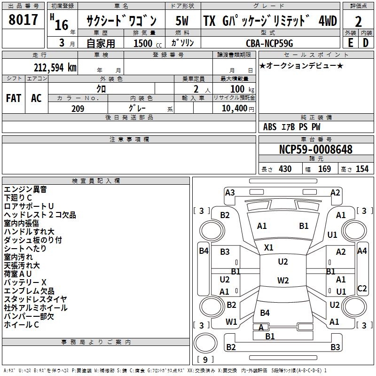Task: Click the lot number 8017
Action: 23,20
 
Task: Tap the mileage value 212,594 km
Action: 55,67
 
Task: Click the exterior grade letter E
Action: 350,42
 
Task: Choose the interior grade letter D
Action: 366,42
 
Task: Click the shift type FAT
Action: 13,98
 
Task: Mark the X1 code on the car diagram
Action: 269,247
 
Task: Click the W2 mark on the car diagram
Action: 283,281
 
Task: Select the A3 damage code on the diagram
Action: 230,192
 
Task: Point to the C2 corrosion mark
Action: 362,289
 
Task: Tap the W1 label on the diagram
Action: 231,322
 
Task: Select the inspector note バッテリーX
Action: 25,282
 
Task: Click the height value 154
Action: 362,169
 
